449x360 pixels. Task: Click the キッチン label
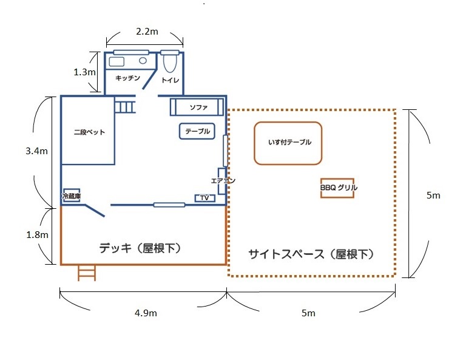[128, 78]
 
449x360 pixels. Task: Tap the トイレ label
[169, 80]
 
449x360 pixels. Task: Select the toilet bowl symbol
[170, 63]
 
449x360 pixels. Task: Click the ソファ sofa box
[194, 107]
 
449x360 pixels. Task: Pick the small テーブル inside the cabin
[197, 131]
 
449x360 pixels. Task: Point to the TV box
[204, 198]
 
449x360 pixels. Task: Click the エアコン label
[222, 180]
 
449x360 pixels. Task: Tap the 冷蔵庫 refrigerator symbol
[72, 195]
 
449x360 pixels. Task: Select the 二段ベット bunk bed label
[86, 132]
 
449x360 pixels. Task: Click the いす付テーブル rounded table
[288, 143]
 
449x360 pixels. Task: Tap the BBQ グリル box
[339, 188]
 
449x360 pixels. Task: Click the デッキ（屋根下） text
[141, 248]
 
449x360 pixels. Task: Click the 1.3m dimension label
[84, 72]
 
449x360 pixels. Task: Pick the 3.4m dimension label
[38, 151]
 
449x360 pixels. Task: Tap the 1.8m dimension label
[37, 234]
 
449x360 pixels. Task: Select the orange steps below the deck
[87, 273]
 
